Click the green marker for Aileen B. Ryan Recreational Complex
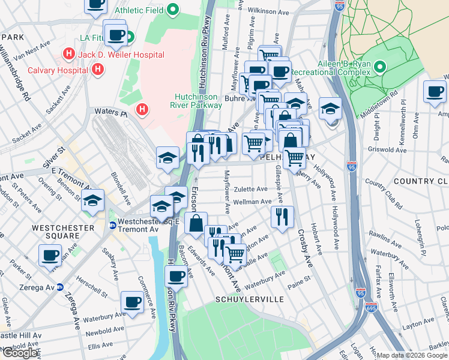tap(380, 65)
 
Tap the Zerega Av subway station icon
tap(60, 287)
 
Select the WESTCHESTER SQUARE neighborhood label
tap(64, 228)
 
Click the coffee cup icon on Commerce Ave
tap(132, 302)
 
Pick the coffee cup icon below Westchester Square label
tap(50, 255)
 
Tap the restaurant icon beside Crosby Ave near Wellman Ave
tap(282, 217)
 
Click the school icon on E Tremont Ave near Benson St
tap(93, 201)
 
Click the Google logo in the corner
tap(20, 353)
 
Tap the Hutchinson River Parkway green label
tap(199, 101)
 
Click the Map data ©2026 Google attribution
tap(412, 355)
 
